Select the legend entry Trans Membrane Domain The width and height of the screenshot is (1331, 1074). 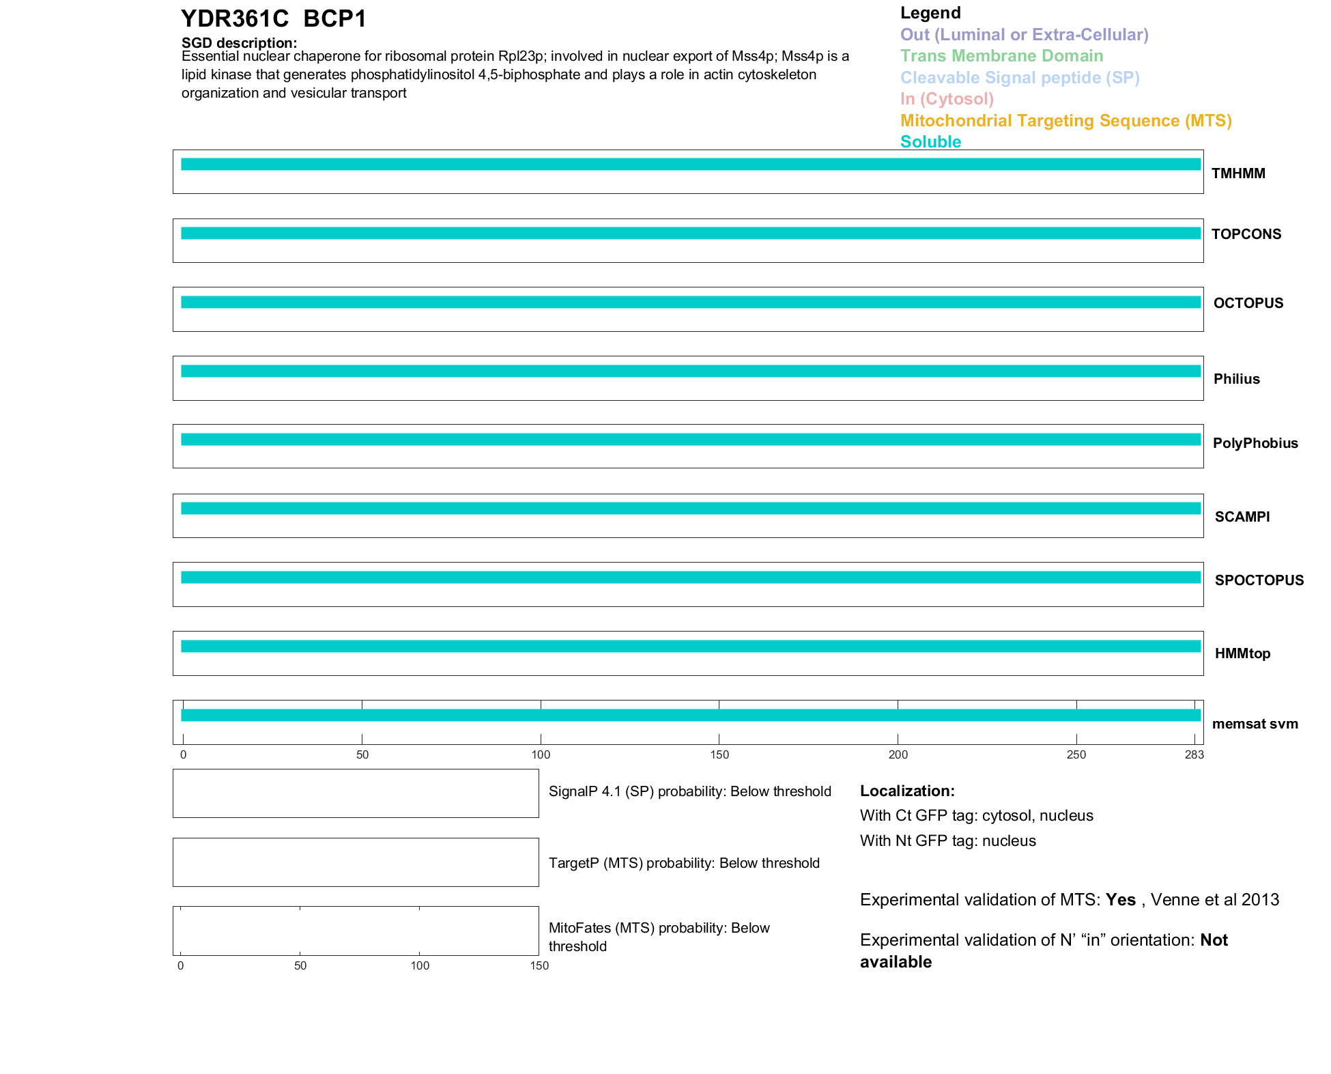pyautogui.click(x=1001, y=56)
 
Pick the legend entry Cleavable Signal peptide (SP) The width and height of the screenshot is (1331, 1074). pyautogui.click(x=1020, y=78)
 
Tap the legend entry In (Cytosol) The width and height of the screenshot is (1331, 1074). pyautogui.click(x=947, y=99)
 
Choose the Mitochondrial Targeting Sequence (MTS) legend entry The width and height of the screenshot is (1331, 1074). pyautogui.click(x=1065, y=121)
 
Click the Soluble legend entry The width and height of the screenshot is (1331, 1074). pyautogui.click(x=930, y=142)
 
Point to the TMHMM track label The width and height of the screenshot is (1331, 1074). pyautogui.click(x=1238, y=173)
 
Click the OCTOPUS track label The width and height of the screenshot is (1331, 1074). pyautogui.click(x=1248, y=303)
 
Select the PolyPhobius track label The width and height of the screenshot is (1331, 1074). pyautogui.click(x=1255, y=443)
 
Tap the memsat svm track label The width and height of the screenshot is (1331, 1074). pyautogui.click(x=1255, y=724)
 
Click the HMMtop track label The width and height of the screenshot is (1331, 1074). pyautogui.click(x=1242, y=653)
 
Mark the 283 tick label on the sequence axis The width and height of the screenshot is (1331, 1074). pyautogui.click(x=1194, y=754)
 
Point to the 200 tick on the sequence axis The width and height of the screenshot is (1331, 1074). pyautogui.click(x=898, y=754)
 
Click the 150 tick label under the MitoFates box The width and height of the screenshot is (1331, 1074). pyautogui.click(x=539, y=965)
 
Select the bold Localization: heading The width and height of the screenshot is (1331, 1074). pyautogui.click(x=907, y=791)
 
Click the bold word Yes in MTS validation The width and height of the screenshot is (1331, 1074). pyautogui.click(x=1121, y=900)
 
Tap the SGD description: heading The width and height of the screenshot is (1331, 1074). pyautogui.click(x=239, y=43)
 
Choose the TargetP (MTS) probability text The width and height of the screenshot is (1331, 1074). pyautogui.click(x=684, y=863)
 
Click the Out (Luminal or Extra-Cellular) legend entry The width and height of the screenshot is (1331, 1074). pyautogui.click(x=1024, y=35)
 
